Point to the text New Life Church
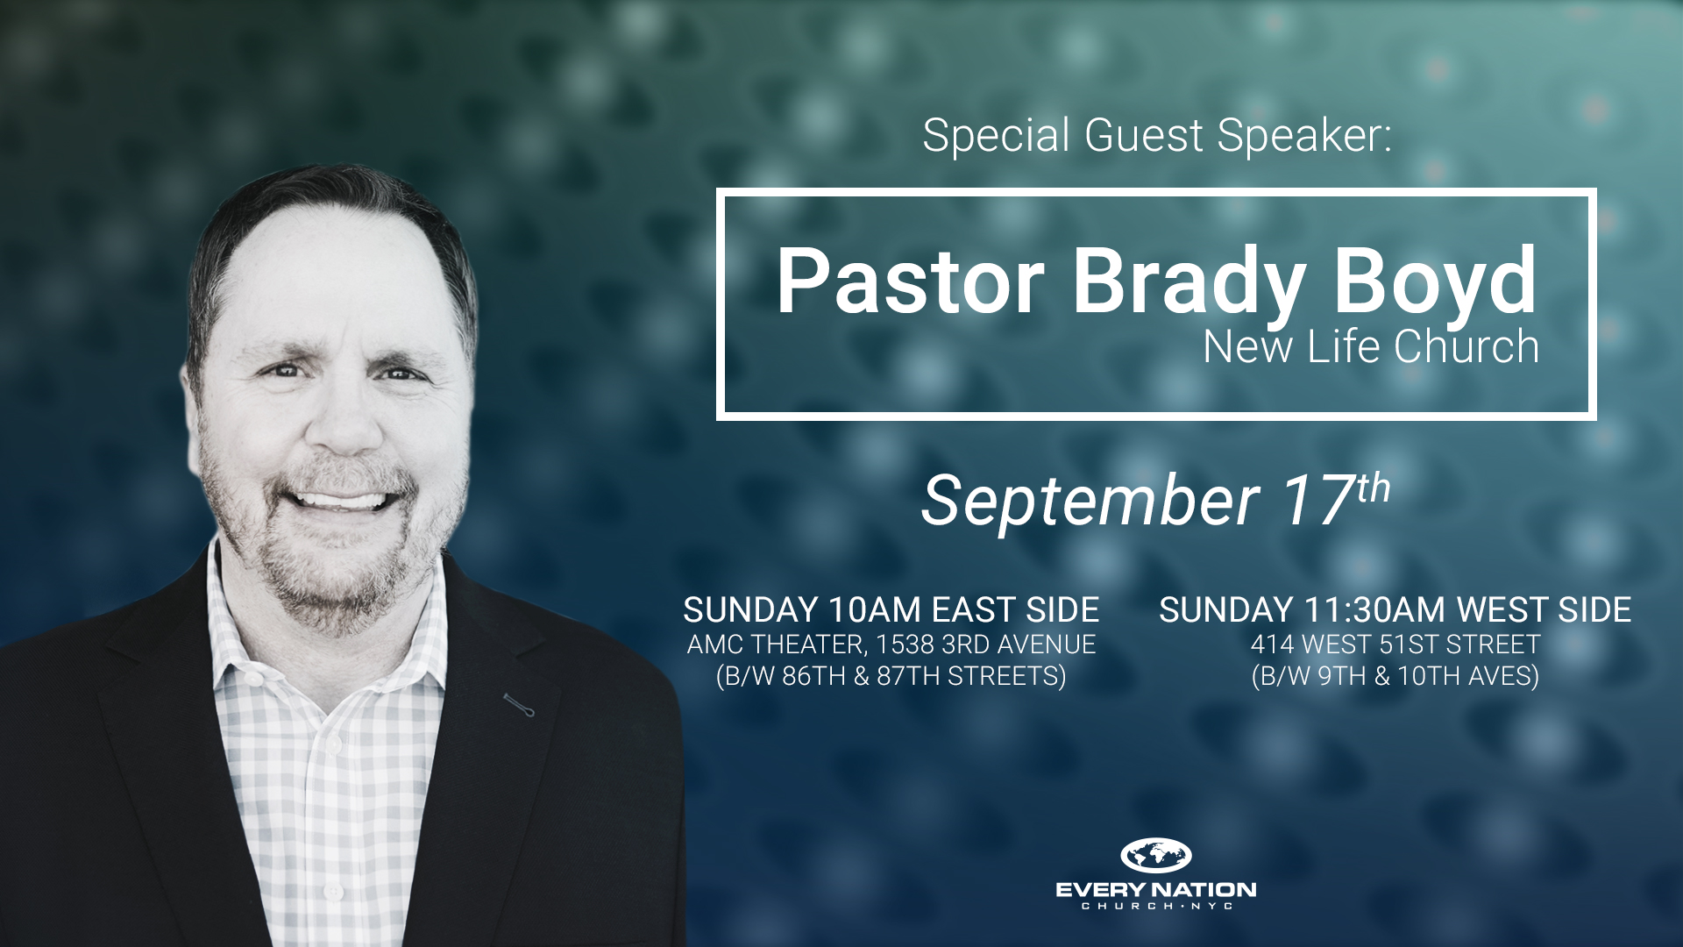(x=1371, y=346)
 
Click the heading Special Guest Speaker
(x=1157, y=136)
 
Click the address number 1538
(x=905, y=644)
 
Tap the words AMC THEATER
(x=778, y=644)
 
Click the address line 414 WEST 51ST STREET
(x=1395, y=644)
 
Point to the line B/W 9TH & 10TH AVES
(x=1395, y=677)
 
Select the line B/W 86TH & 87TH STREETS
(x=891, y=677)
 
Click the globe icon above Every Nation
(x=1156, y=855)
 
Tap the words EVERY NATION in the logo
(x=1156, y=890)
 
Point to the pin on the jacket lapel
(x=518, y=704)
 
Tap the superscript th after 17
(x=1374, y=488)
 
